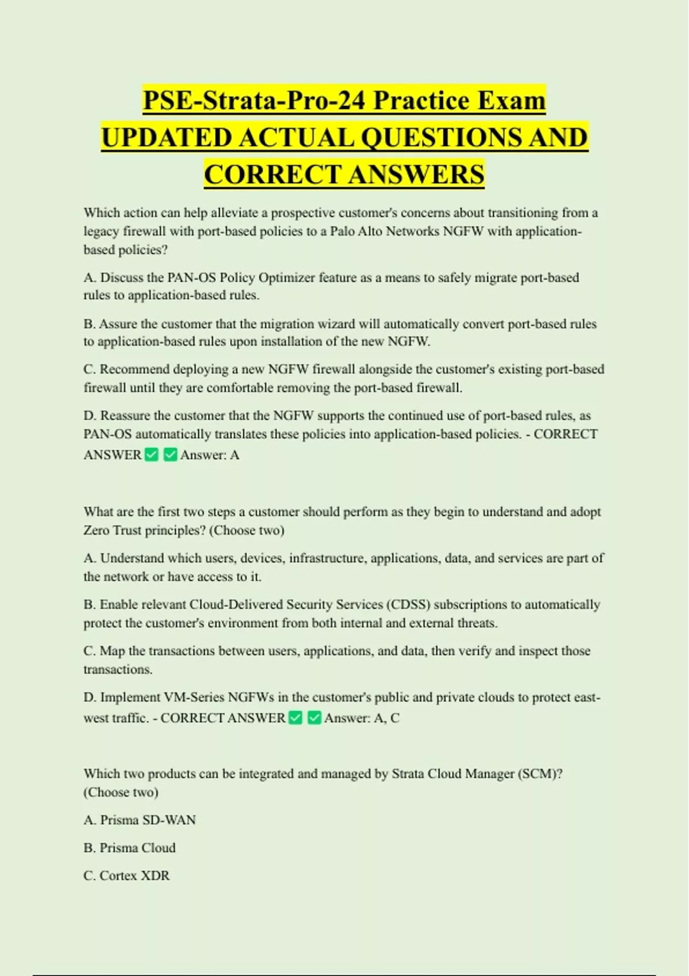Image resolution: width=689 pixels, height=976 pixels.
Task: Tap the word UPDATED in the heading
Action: [x=165, y=138]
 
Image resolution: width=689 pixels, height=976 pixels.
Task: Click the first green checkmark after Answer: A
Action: [x=152, y=455]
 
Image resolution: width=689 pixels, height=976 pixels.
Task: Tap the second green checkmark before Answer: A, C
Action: [x=314, y=718]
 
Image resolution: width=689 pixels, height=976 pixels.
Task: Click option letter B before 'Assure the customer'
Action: [x=89, y=324]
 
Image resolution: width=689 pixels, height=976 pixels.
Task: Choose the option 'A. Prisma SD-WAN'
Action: [x=140, y=820]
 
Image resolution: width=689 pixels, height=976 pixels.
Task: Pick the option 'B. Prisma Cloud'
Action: [x=130, y=847]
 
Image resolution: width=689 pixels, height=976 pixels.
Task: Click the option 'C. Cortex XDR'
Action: [x=126, y=876]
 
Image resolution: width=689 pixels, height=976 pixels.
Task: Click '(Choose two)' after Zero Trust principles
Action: [x=247, y=530]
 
